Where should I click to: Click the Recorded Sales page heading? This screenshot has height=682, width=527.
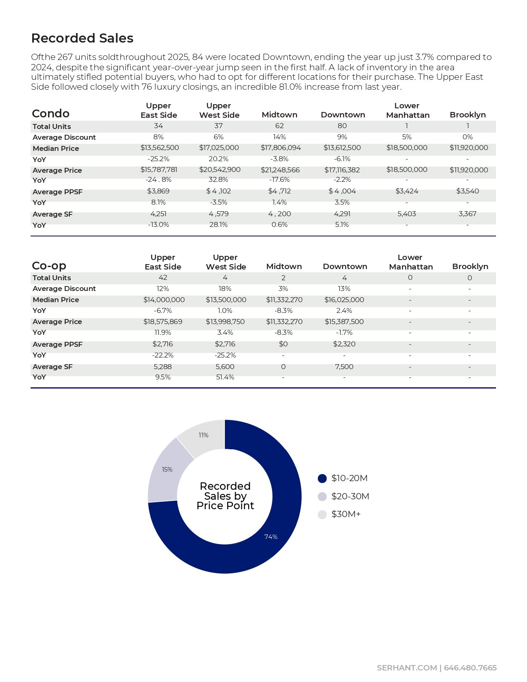click(x=82, y=38)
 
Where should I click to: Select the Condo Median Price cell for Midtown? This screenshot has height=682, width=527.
click(x=281, y=148)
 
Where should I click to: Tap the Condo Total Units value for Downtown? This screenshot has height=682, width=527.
click(x=342, y=126)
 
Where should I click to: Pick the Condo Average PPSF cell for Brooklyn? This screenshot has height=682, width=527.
click(x=467, y=191)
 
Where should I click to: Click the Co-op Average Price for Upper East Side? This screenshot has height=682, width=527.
click(x=163, y=322)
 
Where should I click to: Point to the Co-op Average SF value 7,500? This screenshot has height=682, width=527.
click(x=344, y=367)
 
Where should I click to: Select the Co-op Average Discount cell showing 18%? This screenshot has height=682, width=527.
click(x=225, y=289)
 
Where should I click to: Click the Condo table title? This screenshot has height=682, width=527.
click(x=50, y=114)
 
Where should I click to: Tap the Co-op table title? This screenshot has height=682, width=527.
click(x=49, y=265)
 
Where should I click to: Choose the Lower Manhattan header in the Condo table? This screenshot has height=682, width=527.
click(x=408, y=110)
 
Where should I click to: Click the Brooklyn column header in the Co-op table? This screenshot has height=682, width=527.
click(x=470, y=267)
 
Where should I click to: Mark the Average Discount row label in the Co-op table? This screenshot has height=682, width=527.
click(x=64, y=289)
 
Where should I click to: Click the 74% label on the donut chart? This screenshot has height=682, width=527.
click(x=271, y=537)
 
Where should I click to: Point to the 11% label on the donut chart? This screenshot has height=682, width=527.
click(x=203, y=435)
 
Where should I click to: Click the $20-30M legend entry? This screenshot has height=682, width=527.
click(x=350, y=496)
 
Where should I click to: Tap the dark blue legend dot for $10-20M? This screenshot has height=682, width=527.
click(x=322, y=478)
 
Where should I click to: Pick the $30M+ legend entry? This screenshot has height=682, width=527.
click(x=346, y=514)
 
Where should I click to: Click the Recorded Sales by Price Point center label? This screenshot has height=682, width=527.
click(x=225, y=496)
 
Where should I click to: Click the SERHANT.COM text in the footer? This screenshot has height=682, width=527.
click(x=406, y=668)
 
